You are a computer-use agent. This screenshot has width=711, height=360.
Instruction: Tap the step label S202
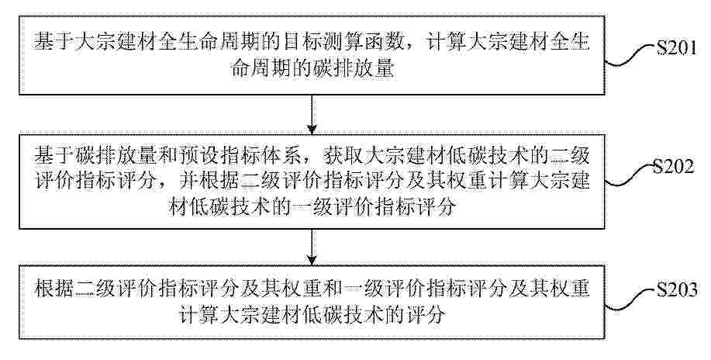673,168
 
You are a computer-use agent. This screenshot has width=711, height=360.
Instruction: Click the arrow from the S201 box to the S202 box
312,114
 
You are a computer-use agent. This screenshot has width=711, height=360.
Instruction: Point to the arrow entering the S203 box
312,246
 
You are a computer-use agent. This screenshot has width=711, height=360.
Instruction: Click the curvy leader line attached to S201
630,57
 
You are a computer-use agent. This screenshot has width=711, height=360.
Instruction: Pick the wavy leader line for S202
630,176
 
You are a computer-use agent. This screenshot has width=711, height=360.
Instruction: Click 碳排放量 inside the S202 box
106,157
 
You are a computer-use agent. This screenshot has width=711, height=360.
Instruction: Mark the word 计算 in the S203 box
197,314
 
